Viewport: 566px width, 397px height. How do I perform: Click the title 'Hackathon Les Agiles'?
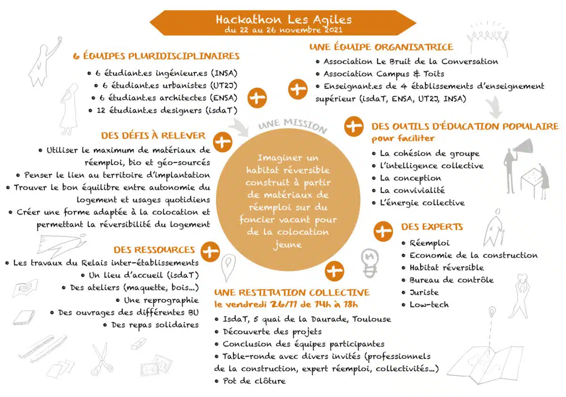pos(283,20)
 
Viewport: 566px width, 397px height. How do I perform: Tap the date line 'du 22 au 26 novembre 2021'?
pos(283,30)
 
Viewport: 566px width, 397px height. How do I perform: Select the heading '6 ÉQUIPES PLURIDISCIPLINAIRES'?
pos(157,56)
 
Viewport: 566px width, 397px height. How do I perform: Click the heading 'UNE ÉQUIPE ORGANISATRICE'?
pos(381,47)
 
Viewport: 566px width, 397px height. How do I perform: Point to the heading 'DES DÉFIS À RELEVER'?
pos(153,136)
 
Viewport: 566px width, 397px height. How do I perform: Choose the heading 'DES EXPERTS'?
pos(432,227)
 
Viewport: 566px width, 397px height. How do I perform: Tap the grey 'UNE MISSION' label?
pos(292,126)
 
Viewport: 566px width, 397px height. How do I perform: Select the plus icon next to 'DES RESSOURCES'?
pos(210,250)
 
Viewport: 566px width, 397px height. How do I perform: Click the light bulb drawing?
pos(369,262)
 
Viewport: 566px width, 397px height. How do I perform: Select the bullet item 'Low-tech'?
pos(429,304)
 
